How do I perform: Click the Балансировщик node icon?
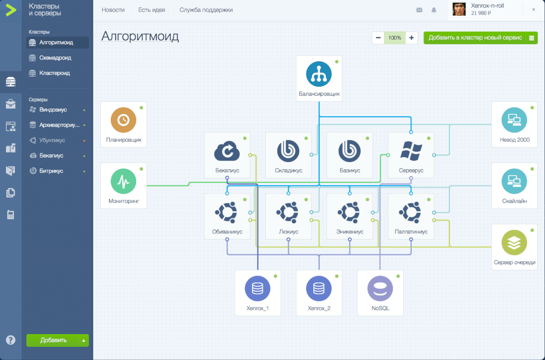[x=319, y=74]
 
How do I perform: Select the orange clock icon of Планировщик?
[x=124, y=120]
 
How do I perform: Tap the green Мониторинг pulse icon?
[x=124, y=181]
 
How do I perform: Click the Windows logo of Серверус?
[x=411, y=150]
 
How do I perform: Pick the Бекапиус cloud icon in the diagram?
[x=227, y=150]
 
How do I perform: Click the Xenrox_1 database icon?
[x=258, y=288]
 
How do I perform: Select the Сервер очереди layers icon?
[x=514, y=242]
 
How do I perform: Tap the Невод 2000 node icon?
[x=514, y=120]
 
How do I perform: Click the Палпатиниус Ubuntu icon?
[x=411, y=212]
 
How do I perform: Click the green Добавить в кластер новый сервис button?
[x=475, y=38]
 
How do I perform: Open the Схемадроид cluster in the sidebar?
[x=55, y=58]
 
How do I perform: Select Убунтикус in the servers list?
[x=52, y=140]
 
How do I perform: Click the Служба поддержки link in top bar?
[x=206, y=10]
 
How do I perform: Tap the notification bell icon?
[x=434, y=10]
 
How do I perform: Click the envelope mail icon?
[x=419, y=10]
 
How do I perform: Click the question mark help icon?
[x=10, y=340]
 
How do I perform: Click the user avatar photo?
[x=460, y=10]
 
